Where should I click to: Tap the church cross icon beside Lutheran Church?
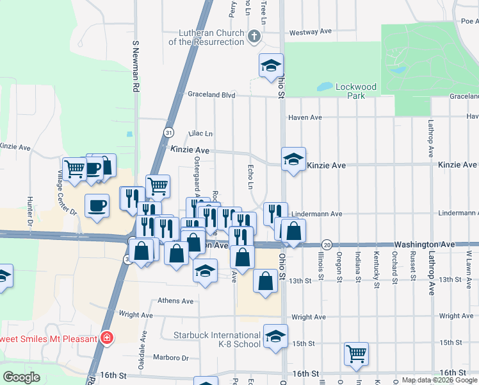[254, 36]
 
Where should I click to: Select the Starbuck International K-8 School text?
[217, 339]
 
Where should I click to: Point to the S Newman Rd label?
[136, 67]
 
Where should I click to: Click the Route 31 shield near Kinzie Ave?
[168, 133]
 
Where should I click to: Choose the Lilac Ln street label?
[200, 133]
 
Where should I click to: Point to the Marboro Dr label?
[171, 357]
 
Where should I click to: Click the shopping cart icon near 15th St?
[356, 353]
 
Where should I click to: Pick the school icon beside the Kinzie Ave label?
[293, 159]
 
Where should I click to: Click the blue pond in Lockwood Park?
[325, 86]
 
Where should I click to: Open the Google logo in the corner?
[21, 377]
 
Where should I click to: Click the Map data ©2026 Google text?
[439, 380]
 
